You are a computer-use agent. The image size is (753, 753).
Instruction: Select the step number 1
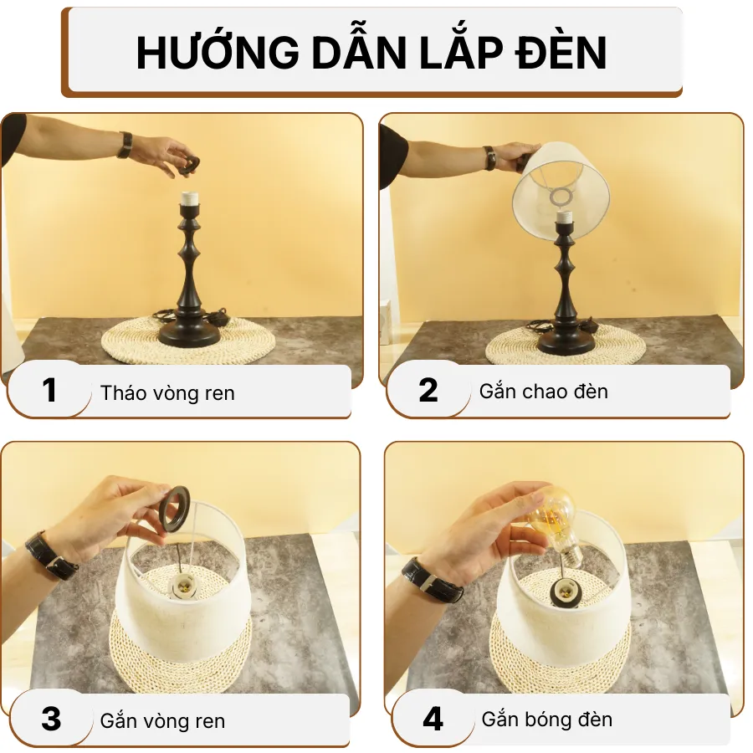click(50, 390)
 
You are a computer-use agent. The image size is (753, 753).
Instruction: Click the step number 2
click(428, 390)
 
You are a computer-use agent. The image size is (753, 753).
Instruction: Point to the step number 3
click(51, 719)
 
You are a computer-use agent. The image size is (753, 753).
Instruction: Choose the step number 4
click(433, 719)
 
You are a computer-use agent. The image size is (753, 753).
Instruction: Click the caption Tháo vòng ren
click(167, 392)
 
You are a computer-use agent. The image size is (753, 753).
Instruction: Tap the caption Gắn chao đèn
click(543, 391)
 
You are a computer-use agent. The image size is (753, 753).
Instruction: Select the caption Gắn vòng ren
click(162, 720)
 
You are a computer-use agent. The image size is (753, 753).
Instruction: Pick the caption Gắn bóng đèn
click(546, 719)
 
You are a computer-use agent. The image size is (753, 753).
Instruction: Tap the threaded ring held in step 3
click(179, 510)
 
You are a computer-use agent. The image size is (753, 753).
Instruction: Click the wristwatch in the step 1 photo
click(125, 145)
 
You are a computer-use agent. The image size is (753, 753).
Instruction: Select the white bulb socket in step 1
click(191, 201)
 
